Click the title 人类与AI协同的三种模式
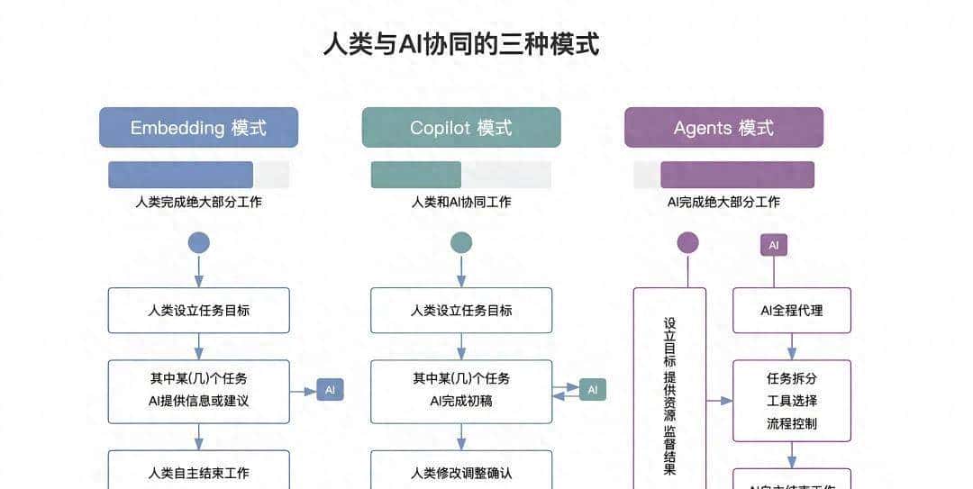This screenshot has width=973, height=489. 461,44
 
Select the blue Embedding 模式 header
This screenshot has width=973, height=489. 198,127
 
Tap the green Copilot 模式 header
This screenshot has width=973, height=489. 461,127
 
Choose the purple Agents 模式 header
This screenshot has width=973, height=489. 723,127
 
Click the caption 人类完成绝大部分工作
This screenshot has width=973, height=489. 198,202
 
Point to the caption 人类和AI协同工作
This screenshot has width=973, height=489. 461,202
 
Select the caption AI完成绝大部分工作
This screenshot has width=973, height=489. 723,202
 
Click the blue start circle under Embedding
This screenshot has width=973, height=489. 198,242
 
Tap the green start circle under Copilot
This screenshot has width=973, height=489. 461,242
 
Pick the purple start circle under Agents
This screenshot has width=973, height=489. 687,242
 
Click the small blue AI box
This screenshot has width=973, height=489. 330,390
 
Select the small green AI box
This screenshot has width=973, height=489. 592,390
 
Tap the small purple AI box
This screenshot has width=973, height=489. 773,245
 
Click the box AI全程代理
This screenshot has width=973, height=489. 791,311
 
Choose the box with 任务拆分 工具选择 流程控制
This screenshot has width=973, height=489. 791,401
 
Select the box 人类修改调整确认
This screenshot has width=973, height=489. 461,471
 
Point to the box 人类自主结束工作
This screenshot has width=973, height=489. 198,471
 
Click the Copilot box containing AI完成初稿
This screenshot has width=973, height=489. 461,391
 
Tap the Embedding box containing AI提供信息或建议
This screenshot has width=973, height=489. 198,391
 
